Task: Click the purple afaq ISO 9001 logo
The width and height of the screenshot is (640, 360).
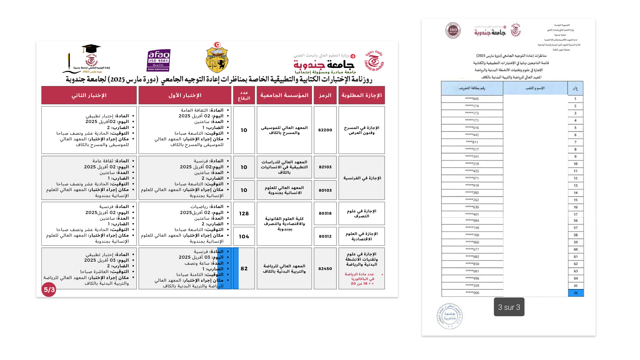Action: pos(158,60)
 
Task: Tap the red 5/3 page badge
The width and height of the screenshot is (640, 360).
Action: pos(49,290)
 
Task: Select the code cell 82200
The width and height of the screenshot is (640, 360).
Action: pos(325,130)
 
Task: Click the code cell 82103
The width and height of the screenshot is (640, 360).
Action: pos(325,167)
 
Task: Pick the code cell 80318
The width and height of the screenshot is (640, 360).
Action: pos(325,213)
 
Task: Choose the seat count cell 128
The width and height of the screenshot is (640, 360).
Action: pos(244,213)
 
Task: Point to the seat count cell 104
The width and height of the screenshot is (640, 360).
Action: pos(244,236)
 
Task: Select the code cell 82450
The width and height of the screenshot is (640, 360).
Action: pos(325,269)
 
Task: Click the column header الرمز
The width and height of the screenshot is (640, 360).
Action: pos(325,95)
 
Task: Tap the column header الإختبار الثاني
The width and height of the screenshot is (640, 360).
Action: pos(89,95)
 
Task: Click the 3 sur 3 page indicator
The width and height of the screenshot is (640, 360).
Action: pos(509,307)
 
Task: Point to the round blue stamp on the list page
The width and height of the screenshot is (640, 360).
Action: pos(450,316)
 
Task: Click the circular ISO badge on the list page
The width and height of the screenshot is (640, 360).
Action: pos(453,31)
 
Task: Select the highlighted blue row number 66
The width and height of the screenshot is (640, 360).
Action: pos(576,293)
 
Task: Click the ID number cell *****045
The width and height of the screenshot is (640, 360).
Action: pos(472,99)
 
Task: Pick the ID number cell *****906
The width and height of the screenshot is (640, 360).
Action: pos(472,293)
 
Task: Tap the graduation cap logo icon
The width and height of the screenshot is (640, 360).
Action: pos(91,49)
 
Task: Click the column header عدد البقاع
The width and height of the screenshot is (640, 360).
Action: pos(244,95)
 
